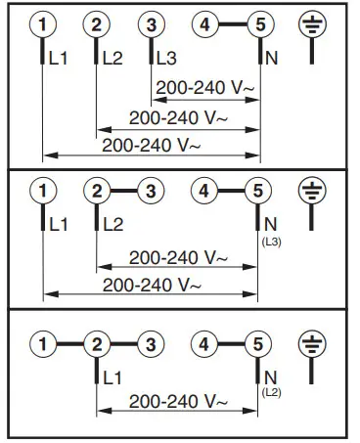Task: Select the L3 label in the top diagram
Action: (167, 60)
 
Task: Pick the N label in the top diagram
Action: (271, 60)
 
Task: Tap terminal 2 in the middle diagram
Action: (96, 190)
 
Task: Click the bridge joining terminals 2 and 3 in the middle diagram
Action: (122, 190)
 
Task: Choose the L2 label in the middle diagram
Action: (112, 225)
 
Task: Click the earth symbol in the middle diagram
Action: (311, 190)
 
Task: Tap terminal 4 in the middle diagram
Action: (203, 190)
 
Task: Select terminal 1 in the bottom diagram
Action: (42, 343)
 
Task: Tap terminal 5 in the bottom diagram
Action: (257, 343)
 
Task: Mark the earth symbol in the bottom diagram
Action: (311, 343)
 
